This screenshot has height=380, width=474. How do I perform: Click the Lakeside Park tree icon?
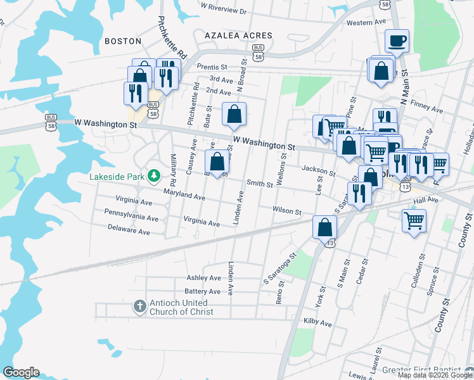tap(153, 175)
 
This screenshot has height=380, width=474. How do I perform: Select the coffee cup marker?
tap(397, 41)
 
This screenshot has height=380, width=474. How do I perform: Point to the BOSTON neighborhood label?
tap(122, 41)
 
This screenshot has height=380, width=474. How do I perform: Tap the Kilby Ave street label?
tap(317, 323)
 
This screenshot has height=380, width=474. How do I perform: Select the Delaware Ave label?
tap(129, 229)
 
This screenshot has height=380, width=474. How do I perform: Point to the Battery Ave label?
tap(202, 291)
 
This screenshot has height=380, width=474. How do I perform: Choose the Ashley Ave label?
tap(203, 277)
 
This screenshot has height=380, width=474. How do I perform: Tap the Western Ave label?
tap(366, 22)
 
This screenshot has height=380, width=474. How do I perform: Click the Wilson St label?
tap(286, 210)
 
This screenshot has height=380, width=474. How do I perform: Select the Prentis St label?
tap(212, 66)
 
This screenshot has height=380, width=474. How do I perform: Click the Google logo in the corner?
tap(20, 372)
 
